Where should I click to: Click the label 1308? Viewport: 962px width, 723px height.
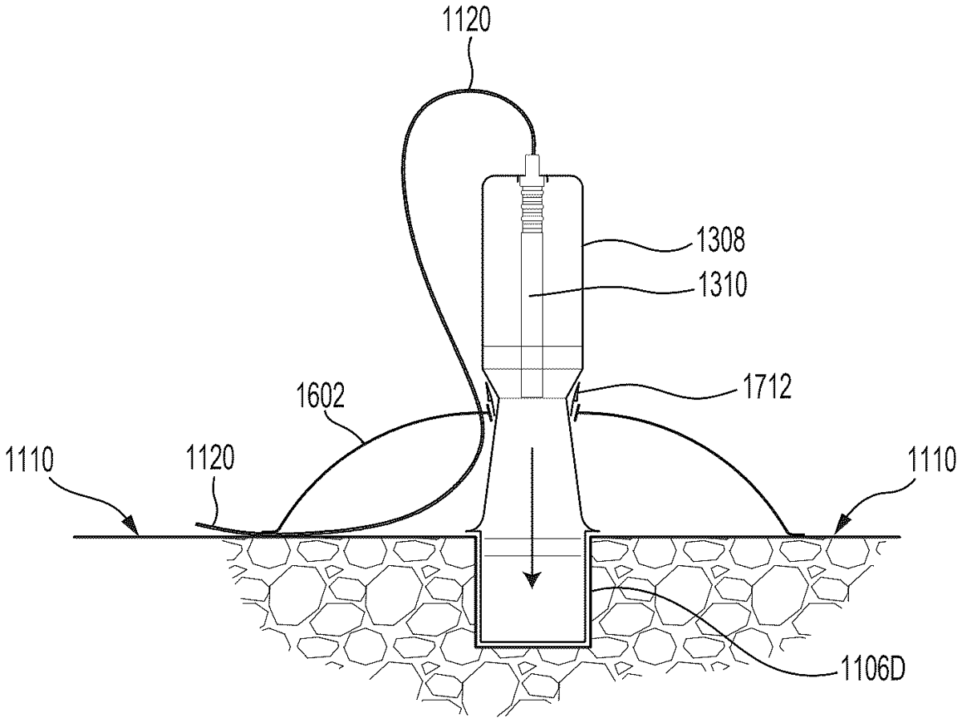coord(721,240)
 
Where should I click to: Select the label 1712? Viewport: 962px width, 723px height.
coord(767,387)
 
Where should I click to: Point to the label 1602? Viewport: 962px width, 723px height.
coord(321,396)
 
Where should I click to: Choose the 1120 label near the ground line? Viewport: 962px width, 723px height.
coord(210,458)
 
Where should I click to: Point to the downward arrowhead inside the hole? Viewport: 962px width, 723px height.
coord(532,581)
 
